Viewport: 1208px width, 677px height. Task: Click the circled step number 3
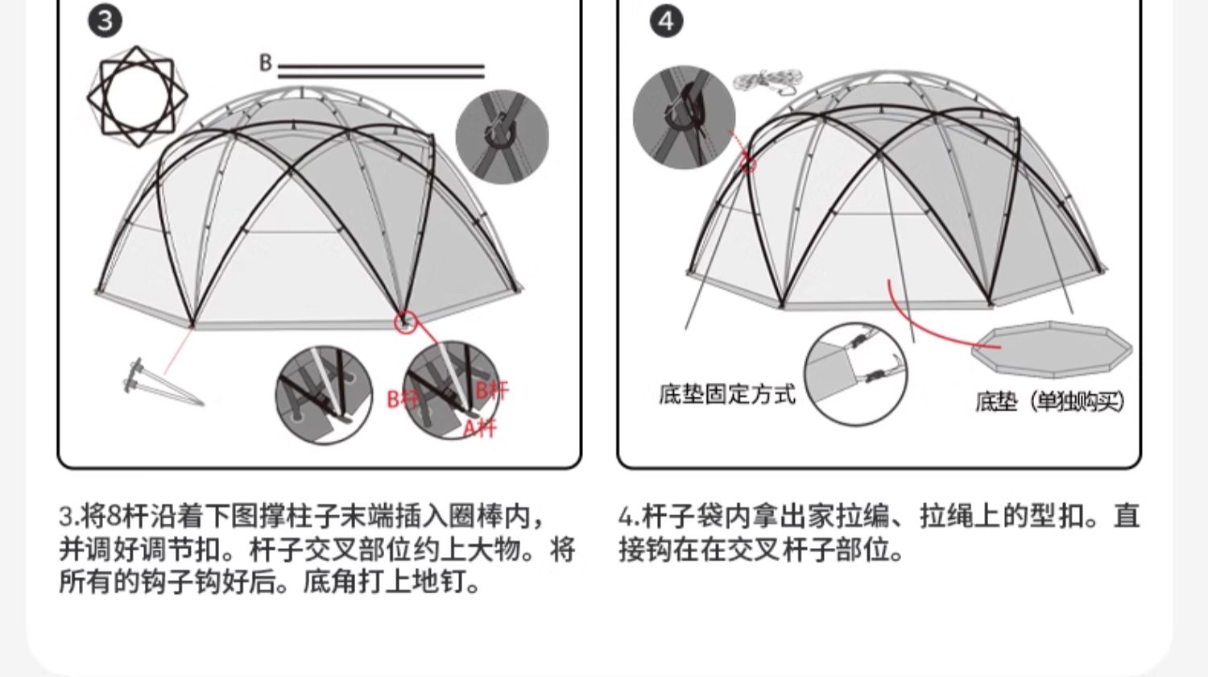click(x=105, y=21)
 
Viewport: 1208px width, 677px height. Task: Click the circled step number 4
click(x=665, y=21)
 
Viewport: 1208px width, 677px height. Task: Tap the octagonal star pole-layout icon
click(x=138, y=97)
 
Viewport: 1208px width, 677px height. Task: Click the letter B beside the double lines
click(x=266, y=63)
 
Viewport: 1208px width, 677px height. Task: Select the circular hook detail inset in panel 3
click(x=502, y=136)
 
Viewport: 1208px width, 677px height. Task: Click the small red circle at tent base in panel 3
click(x=406, y=322)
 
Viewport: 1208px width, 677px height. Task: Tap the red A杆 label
click(x=480, y=427)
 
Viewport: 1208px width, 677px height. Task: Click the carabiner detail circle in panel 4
click(x=684, y=117)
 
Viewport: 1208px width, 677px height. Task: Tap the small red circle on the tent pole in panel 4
click(x=748, y=165)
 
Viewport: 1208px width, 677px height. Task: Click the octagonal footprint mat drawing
click(x=1052, y=347)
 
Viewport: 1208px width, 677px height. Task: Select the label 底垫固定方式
click(x=726, y=394)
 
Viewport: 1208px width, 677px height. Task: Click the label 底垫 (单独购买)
click(x=1049, y=401)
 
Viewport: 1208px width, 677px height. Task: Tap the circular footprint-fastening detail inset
click(x=855, y=375)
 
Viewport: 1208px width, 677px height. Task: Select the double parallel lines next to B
click(x=381, y=71)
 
